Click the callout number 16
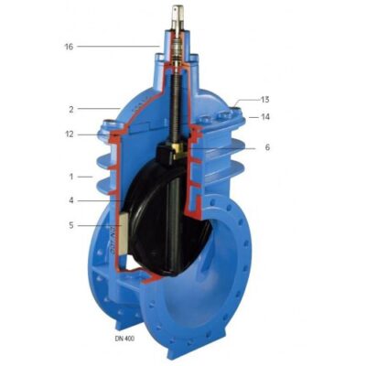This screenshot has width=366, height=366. coord(69,47)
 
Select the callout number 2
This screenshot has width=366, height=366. coord(71,110)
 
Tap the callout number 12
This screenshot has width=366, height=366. coord(70,135)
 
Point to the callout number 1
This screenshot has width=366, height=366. coord(71,177)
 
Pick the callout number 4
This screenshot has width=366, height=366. coord(71,200)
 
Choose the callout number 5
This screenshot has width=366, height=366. coord(71,225)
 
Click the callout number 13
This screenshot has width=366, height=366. coord(265,100)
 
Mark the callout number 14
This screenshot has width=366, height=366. coord(265,117)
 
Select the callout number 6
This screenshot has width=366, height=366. coord(267,147)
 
